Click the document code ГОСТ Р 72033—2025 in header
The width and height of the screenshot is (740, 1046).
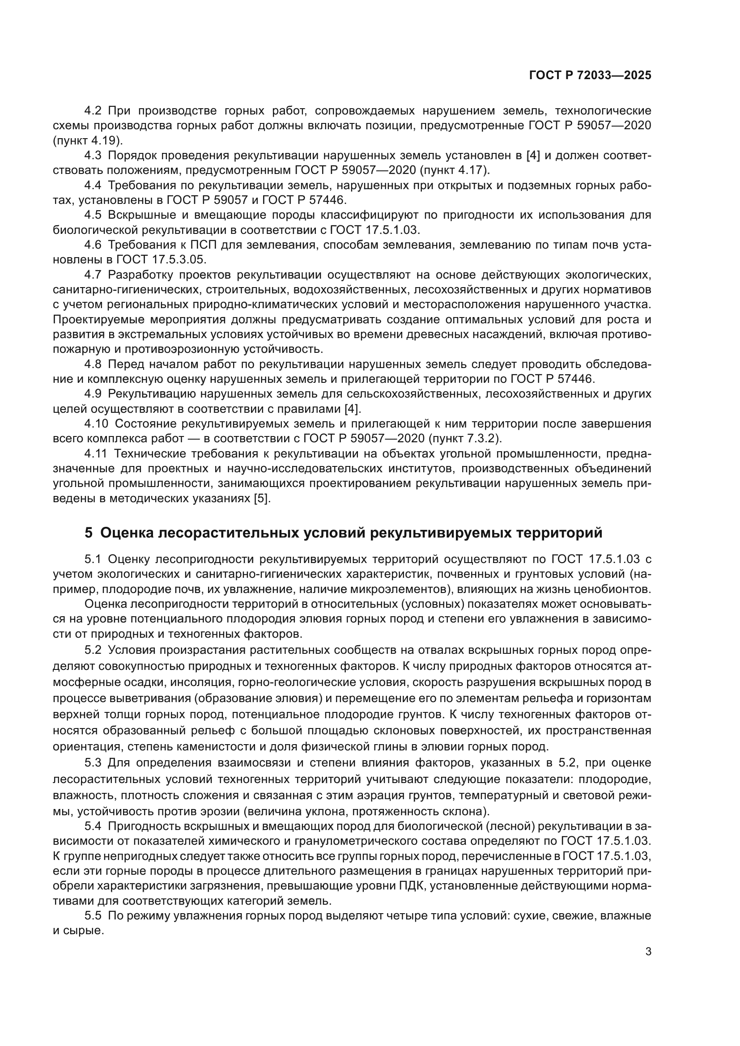[590, 76]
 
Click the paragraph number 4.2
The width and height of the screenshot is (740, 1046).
[94, 111]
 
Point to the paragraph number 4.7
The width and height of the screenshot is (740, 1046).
[94, 275]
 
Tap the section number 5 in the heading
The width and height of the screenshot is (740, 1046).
[89, 533]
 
